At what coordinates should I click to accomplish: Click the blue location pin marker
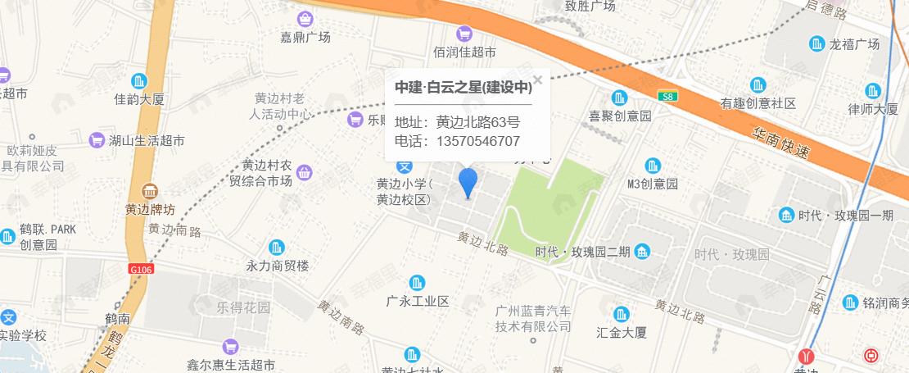coord(468,181)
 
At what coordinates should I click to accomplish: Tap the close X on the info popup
coord(538,80)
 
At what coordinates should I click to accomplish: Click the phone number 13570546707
coord(479,141)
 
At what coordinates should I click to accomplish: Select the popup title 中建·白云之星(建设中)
coord(463,87)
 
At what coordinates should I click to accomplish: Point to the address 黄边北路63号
coord(478,122)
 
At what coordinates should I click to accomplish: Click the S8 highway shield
coord(669,96)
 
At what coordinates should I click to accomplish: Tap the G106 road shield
coord(141,268)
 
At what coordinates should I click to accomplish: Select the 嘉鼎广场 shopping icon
coord(305,18)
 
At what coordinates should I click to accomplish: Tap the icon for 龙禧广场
coord(817,43)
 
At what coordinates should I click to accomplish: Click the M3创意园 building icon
coord(653,165)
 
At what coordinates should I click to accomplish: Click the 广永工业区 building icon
coord(418,283)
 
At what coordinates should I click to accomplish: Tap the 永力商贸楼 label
coord(278,266)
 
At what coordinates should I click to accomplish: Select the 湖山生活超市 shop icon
coord(97,140)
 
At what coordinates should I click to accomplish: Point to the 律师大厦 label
coord(873,109)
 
